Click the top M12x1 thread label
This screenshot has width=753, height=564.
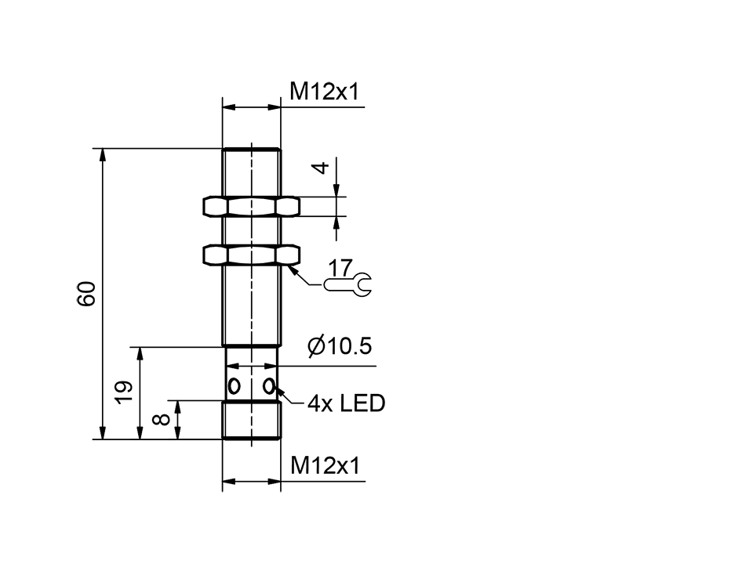[x=324, y=92]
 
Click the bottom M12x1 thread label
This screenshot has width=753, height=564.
[x=324, y=466]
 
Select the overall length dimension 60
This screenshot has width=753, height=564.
[x=87, y=293]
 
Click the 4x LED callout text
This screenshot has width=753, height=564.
[x=346, y=404]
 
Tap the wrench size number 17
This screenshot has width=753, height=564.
[x=340, y=267]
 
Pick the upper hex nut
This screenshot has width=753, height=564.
[x=252, y=206]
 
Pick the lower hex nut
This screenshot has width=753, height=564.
[x=252, y=255]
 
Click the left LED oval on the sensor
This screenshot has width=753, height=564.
[x=234, y=385]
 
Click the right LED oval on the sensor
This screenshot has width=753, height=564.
[x=270, y=385]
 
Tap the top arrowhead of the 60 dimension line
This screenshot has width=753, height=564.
[x=102, y=154]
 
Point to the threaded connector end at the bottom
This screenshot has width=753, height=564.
[x=252, y=421]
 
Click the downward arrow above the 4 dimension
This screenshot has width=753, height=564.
[x=336, y=189]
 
